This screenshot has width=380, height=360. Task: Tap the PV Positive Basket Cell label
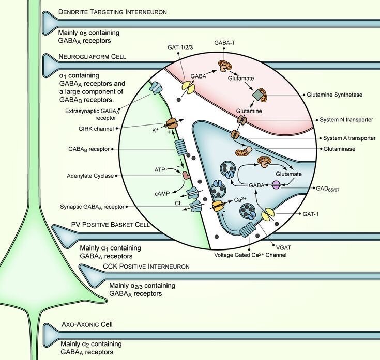[x=111, y=225]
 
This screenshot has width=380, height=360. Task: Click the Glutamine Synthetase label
[x=348, y=95]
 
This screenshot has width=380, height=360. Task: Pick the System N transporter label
[x=348, y=120]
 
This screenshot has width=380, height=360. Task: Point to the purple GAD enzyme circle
[x=277, y=184]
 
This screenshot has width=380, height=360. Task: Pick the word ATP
[x=162, y=168]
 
